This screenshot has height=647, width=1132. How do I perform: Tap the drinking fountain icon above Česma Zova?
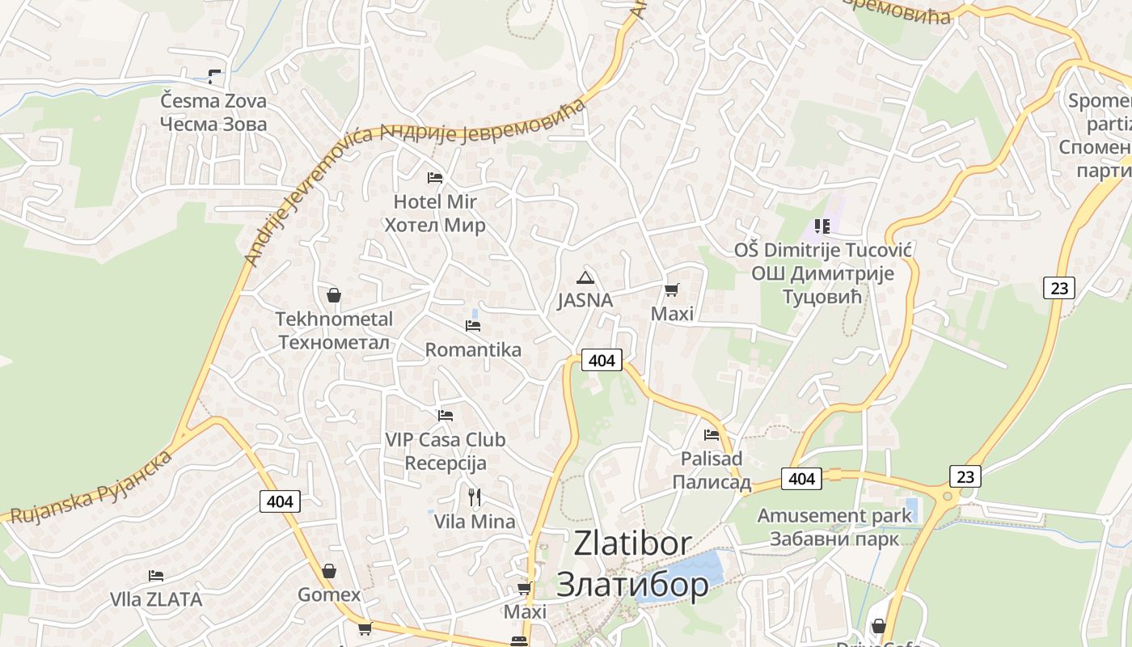(214, 77)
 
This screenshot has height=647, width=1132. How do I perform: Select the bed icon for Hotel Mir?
(435, 177)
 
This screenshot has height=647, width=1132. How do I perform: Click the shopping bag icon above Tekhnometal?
(334, 295)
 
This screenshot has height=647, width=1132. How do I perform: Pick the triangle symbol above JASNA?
(585, 277)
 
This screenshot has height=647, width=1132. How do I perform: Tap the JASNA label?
(585, 300)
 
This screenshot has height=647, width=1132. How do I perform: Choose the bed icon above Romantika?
(473, 325)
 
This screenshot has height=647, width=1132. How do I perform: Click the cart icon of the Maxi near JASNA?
(671, 290)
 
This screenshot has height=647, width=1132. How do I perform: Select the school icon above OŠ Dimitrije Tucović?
(822, 226)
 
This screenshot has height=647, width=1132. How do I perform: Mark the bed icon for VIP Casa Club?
(446, 416)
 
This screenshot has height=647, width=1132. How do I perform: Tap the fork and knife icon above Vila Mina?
(475, 497)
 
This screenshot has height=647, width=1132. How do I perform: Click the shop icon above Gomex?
(329, 571)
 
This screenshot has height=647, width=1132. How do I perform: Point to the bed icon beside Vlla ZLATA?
(156, 576)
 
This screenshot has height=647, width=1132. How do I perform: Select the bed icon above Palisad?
(712, 434)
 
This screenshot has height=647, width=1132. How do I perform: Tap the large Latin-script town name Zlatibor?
(632, 543)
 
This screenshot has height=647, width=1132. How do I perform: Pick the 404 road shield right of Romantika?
(602, 360)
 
